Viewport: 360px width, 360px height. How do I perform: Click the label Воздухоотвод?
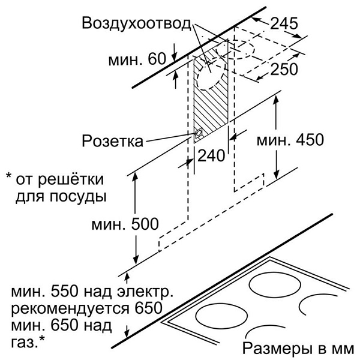coord(136,23)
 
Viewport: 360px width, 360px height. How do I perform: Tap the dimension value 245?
coord(284,23)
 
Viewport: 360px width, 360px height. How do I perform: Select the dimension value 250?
coord(284,69)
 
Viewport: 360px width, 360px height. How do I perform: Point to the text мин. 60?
coord(137,59)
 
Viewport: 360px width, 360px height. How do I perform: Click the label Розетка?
coord(113,140)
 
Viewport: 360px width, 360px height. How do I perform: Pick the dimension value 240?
coord(211,155)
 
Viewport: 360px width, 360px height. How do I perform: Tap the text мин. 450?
coord(290,139)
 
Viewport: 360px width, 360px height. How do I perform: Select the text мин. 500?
coord(125,224)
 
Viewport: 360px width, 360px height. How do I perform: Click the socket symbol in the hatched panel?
coord(198,134)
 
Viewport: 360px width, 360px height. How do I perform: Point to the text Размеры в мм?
coord(298,349)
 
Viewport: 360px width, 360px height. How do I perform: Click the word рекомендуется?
coord(70,308)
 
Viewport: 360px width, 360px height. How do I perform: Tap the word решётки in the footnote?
coord(71,179)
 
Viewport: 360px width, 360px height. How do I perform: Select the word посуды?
coord(78,197)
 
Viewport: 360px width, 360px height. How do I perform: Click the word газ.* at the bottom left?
coord(28,343)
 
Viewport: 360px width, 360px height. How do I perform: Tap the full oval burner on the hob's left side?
coord(222,316)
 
